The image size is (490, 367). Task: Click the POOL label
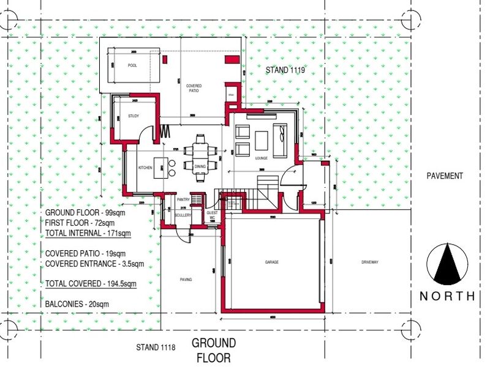(132, 65)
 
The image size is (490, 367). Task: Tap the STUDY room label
(134, 115)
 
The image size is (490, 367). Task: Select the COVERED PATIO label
(194, 89)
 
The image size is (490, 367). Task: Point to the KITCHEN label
(145, 167)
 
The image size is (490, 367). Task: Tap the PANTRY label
(182, 199)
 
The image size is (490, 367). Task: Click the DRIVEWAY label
(371, 262)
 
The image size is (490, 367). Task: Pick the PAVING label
(186, 280)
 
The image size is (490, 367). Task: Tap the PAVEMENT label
(445, 176)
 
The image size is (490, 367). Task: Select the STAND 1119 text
(285, 71)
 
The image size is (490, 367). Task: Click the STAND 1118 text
(156, 347)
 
